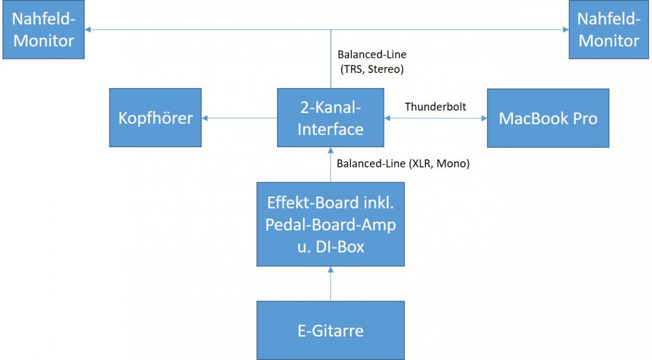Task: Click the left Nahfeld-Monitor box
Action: [x=43, y=30]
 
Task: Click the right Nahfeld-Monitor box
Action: [x=609, y=30]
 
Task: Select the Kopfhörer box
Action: [x=155, y=118]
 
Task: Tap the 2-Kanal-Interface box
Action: [x=331, y=118]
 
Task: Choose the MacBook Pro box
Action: [x=548, y=118]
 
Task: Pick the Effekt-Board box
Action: [x=331, y=224]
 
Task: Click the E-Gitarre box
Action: [x=331, y=330]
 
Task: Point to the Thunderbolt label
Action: [x=436, y=107]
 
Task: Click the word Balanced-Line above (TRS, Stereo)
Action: [x=372, y=54]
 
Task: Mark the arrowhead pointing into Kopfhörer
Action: [x=205, y=118]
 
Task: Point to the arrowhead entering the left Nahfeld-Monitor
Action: [x=88, y=30]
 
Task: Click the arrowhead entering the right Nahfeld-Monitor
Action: [x=565, y=30]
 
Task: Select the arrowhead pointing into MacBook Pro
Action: [x=484, y=118]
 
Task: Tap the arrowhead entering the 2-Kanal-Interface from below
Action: [x=331, y=151]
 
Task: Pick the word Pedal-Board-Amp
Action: [x=331, y=225]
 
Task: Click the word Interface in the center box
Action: [x=331, y=129]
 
